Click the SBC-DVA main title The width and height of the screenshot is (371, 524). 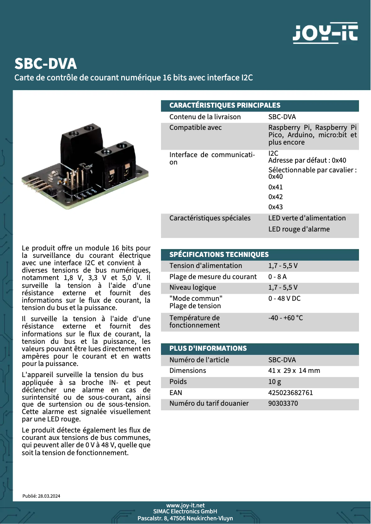(45, 63)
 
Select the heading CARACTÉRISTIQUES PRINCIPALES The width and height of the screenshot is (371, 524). (225, 105)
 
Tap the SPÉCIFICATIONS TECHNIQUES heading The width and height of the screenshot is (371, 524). (219, 255)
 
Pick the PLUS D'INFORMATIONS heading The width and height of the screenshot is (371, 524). (208, 348)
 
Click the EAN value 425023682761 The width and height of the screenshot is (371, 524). (291, 393)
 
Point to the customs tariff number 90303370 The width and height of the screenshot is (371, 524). (283, 403)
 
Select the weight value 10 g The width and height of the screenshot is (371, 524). (275, 382)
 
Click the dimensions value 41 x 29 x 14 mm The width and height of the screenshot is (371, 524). (294, 371)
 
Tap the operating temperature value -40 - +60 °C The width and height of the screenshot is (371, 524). (285, 318)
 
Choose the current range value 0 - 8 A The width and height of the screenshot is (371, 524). (278, 277)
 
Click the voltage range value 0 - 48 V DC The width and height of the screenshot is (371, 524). (284, 299)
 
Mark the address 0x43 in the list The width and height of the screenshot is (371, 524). (276, 207)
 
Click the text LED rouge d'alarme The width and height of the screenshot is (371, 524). (299, 229)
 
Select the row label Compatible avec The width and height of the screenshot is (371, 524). (195, 128)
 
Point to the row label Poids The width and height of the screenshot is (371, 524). (178, 382)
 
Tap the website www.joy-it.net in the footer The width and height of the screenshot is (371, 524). (185, 506)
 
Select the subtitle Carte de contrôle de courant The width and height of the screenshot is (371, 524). (134, 77)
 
